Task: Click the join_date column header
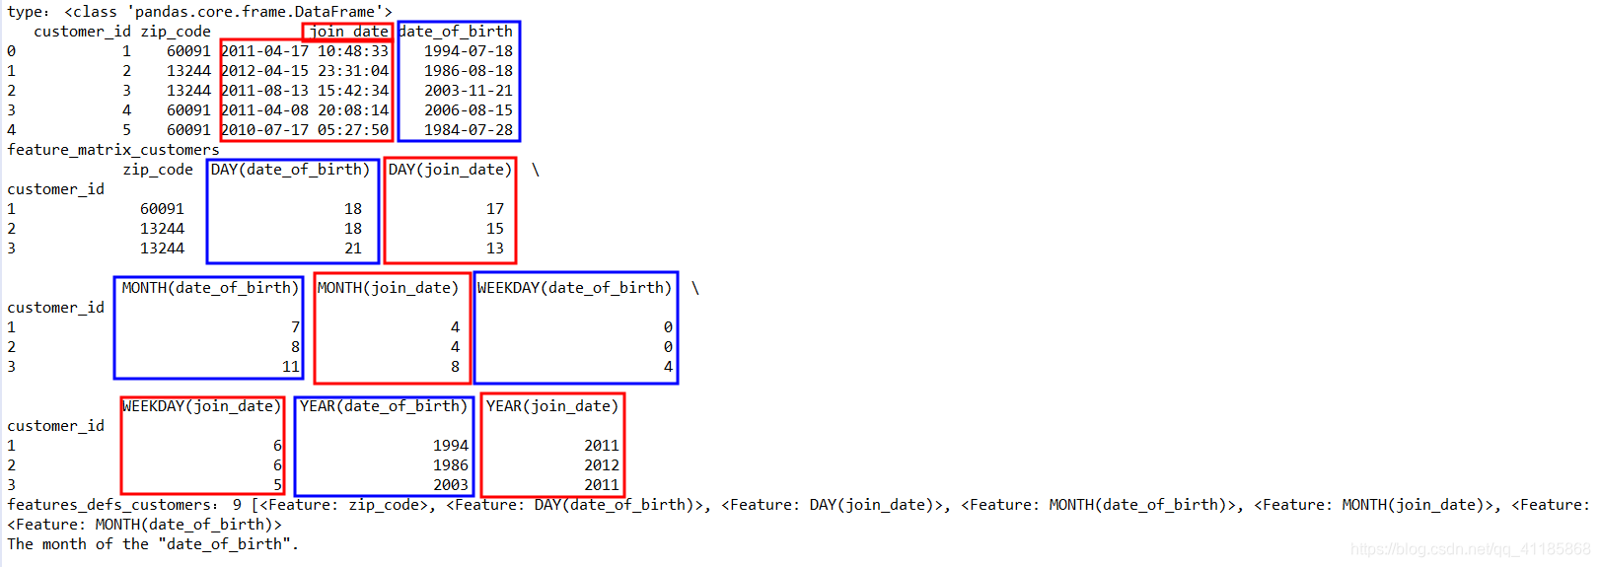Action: click(x=348, y=32)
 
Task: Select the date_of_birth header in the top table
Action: click(x=456, y=32)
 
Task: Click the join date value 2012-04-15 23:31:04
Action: click(x=305, y=71)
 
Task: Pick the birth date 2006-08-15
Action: click(x=469, y=110)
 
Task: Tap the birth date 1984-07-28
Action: click(x=469, y=130)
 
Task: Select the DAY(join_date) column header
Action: click(x=450, y=170)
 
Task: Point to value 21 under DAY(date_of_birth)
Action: click(x=353, y=248)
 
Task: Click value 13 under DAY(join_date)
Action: click(x=495, y=248)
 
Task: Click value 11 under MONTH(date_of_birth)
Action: click(x=291, y=367)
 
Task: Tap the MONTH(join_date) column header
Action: click(x=388, y=288)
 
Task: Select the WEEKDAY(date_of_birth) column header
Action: click(x=574, y=288)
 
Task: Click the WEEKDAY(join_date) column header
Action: click(x=202, y=406)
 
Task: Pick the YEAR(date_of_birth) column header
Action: click(x=384, y=406)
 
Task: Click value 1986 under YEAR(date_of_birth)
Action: click(x=451, y=465)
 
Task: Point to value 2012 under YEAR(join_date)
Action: click(x=602, y=465)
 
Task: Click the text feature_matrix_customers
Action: click(x=113, y=150)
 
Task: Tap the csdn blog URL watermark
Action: click(x=1470, y=549)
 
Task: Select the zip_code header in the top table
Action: click(x=176, y=32)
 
